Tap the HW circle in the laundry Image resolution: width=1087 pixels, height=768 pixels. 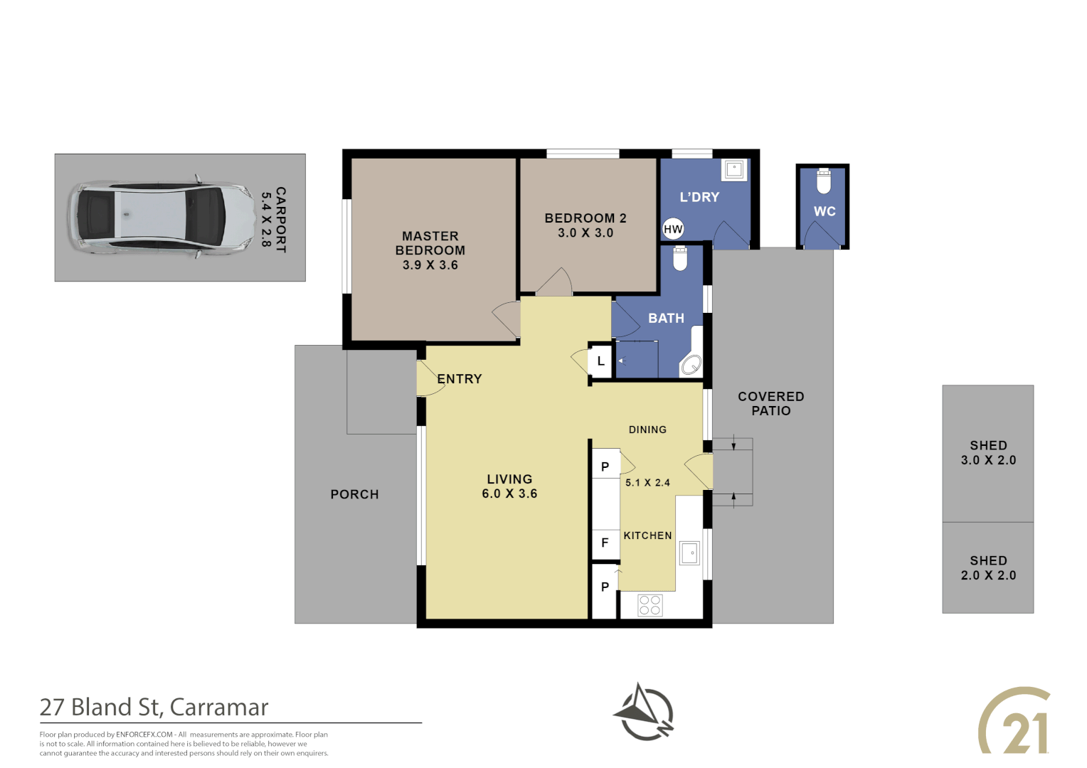pos(672,229)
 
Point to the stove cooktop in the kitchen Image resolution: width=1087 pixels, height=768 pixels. pos(649,605)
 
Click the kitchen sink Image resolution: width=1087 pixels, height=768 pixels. pos(689,553)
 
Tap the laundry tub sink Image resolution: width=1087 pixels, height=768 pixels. pos(734,170)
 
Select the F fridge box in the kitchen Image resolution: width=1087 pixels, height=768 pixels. pos(605,543)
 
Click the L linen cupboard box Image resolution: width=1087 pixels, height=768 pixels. pos(600,361)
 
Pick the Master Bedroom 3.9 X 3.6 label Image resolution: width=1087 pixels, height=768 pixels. pos(430,250)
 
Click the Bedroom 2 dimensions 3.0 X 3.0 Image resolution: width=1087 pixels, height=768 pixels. pos(585,233)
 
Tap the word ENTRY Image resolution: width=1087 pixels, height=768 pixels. pos(460,379)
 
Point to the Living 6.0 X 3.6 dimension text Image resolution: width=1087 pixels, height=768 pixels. pos(509,494)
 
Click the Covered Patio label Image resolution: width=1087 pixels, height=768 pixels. pos(770,403)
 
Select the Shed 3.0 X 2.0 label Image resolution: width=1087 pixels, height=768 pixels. pos(988,453)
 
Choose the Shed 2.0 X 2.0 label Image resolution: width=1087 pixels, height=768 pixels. pos(988,568)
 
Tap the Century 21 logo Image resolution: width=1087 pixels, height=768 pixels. pos(1015,720)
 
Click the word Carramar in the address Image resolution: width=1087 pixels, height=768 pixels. pos(219,708)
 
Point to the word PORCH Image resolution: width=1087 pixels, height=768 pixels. pos(354,494)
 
